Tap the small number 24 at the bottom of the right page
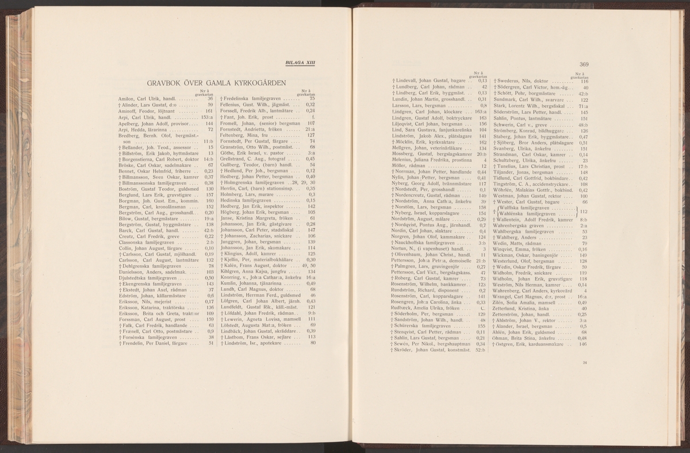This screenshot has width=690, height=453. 585,363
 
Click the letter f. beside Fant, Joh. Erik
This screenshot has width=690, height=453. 313,117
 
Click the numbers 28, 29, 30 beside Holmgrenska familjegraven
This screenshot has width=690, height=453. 305,182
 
